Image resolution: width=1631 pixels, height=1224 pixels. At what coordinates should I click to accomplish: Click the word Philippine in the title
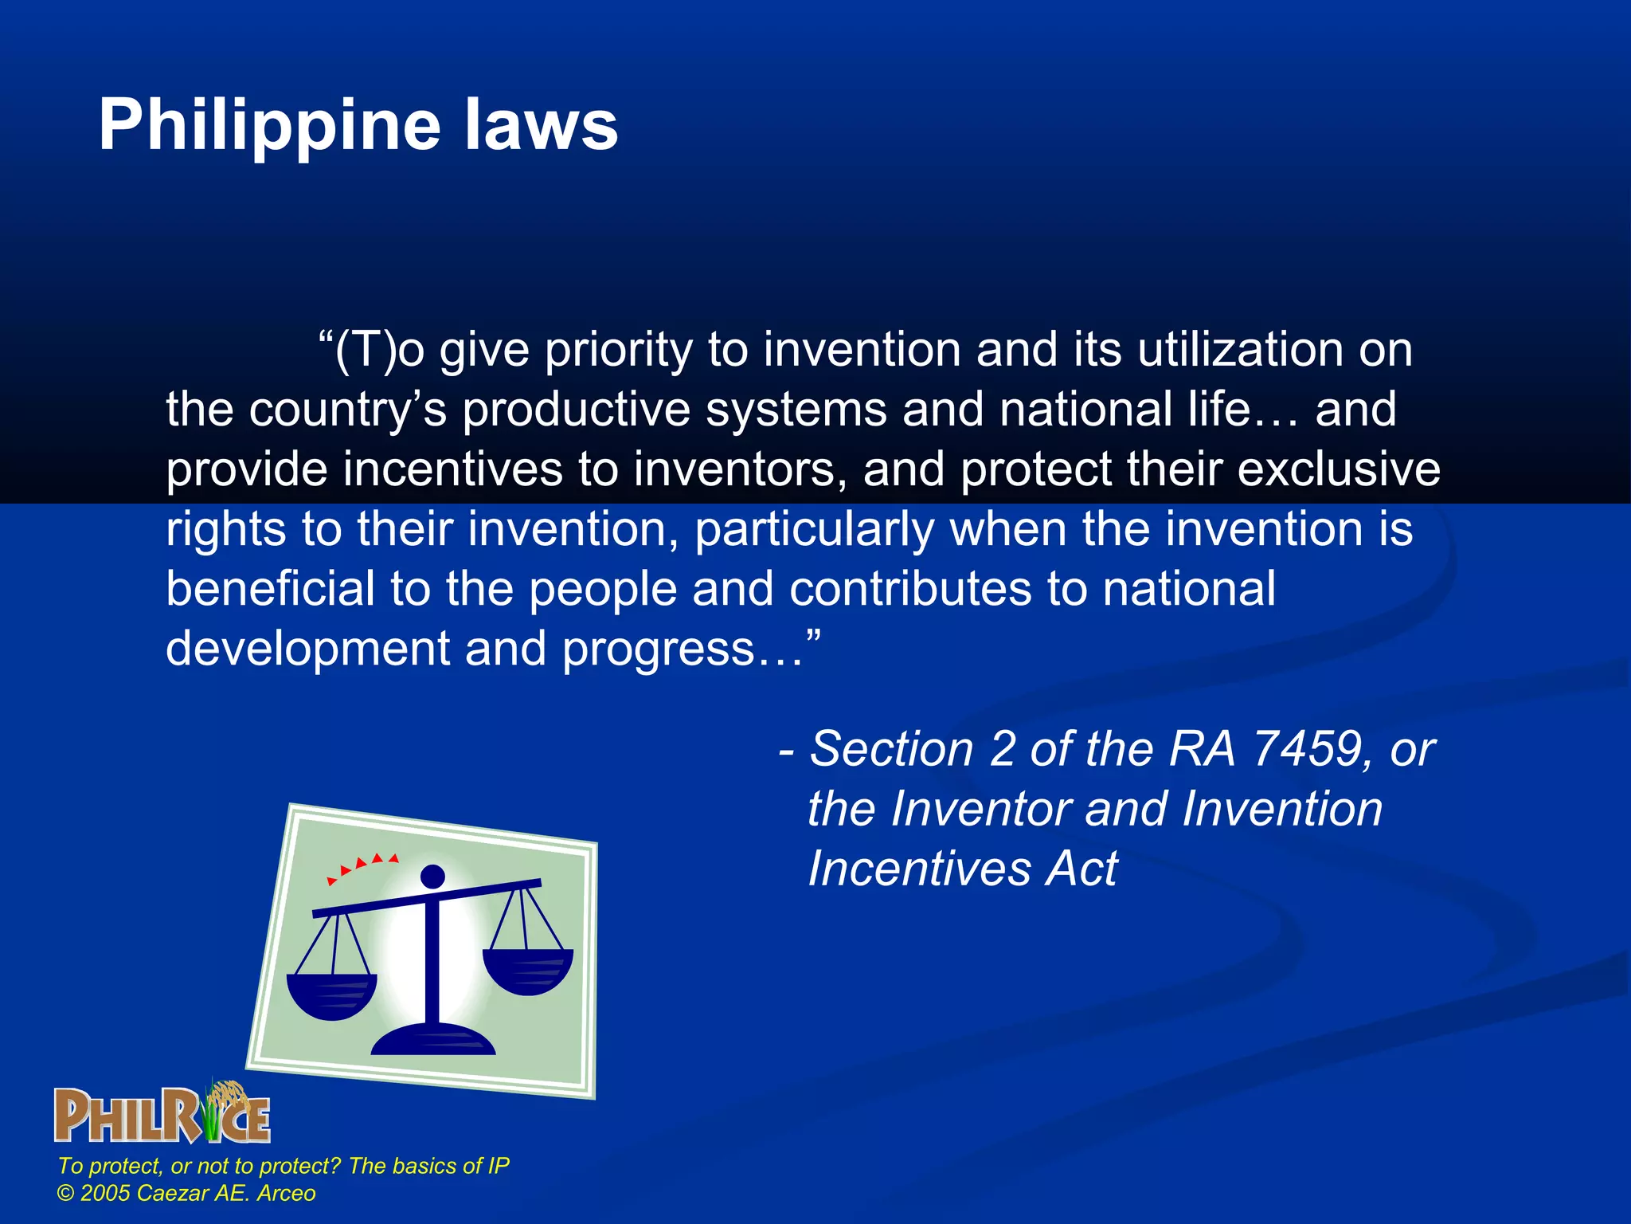[x=269, y=125]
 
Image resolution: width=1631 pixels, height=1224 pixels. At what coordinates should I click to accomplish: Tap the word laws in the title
[x=541, y=125]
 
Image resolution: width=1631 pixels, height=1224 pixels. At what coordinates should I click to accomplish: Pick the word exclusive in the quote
[x=1338, y=469]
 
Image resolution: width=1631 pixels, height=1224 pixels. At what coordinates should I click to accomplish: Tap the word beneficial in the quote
[x=270, y=589]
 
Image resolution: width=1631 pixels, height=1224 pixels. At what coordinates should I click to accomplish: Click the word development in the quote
[x=307, y=649]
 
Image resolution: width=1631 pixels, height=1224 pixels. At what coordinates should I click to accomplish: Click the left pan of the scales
[x=331, y=996]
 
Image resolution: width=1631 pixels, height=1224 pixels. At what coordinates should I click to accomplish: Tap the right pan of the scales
[x=527, y=971]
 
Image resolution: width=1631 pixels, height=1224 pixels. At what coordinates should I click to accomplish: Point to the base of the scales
[x=433, y=1041]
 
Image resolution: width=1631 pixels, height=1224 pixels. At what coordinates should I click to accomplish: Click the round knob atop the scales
[x=432, y=876]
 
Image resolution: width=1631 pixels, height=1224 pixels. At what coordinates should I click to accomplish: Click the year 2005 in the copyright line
[x=105, y=1193]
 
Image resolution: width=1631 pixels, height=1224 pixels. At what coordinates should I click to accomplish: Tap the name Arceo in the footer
[x=286, y=1193]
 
